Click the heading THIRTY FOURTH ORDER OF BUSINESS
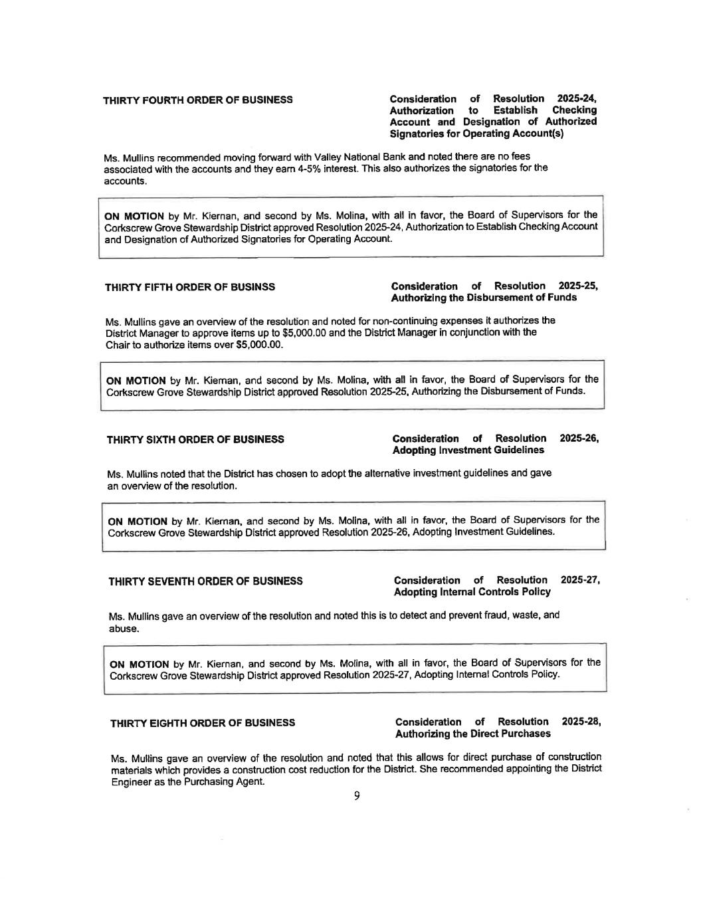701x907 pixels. click(x=197, y=100)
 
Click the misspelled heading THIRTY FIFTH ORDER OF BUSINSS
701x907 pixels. click(x=190, y=287)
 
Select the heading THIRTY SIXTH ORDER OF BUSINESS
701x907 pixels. click(x=195, y=439)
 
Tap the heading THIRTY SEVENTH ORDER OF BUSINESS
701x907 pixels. click(x=205, y=581)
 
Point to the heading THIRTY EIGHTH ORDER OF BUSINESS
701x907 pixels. click(x=203, y=723)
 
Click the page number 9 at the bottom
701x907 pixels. click(x=357, y=795)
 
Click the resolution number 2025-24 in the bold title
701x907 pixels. click(x=576, y=98)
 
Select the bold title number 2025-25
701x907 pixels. click(x=578, y=286)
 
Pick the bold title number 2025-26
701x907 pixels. click(x=579, y=438)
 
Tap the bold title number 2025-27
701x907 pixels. click(x=581, y=580)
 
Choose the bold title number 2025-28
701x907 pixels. click(x=581, y=722)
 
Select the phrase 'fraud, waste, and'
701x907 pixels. click(x=522, y=615)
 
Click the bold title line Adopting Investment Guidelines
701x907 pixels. click(x=468, y=450)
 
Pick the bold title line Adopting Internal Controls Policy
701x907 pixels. click(x=472, y=591)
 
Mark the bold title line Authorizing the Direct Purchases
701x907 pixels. click(x=472, y=734)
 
